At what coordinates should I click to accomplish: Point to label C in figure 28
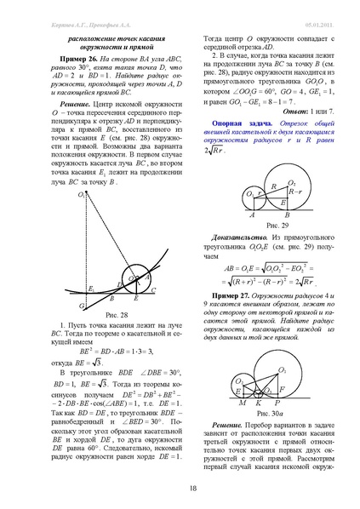coord(152,289)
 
